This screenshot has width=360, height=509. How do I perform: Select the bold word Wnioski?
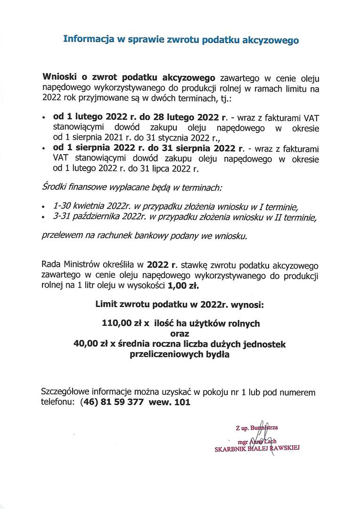(60, 77)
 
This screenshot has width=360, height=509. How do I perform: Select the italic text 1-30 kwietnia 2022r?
(89, 206)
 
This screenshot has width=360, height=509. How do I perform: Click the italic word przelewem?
(61, 235)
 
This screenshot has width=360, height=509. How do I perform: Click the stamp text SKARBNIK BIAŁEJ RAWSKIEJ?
(257, 450)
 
